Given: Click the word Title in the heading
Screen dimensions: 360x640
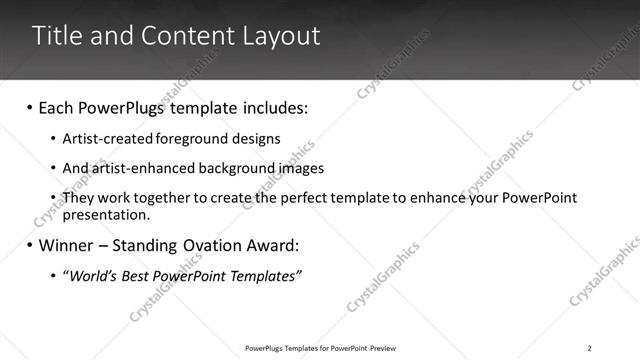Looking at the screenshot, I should (56, 36).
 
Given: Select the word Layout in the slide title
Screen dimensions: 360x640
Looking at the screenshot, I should (282, 36).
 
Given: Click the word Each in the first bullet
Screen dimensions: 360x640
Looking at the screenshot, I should (57, 107).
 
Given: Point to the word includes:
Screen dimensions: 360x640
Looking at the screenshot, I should (269, 107).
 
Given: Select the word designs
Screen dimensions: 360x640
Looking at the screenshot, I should (254, 139).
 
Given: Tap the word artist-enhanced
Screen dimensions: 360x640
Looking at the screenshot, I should (134, 168).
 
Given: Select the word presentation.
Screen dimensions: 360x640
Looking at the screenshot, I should (106, 214).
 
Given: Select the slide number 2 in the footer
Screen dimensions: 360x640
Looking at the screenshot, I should (590, 347).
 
